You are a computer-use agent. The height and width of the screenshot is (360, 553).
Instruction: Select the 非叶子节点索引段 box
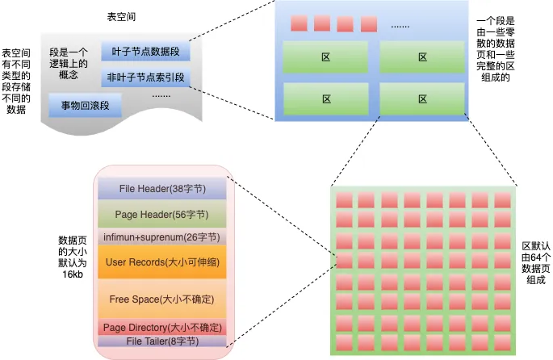145,78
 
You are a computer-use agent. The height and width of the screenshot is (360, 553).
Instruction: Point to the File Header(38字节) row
162,189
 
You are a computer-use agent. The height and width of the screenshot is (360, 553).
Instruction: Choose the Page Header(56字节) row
162,215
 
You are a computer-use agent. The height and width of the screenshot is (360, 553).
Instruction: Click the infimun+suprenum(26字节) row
162,238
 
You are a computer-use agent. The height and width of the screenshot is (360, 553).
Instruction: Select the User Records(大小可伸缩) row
162,262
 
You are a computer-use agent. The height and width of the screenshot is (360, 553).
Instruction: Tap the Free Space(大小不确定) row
162,299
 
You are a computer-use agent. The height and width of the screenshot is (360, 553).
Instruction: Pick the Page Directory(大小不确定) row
162,327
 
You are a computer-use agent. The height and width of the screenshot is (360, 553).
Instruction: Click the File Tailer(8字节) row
162,341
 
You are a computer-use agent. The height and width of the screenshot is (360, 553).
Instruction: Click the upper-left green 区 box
326,57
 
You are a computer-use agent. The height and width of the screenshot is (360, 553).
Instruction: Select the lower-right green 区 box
422,99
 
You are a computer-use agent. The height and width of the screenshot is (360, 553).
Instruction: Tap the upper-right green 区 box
422,57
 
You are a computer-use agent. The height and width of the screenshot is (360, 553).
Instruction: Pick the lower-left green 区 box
326,99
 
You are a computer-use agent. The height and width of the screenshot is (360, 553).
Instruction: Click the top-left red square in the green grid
344,200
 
